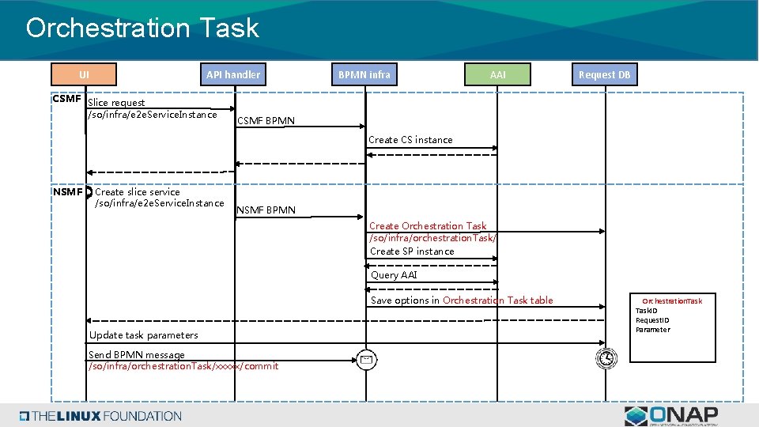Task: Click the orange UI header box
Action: (x=84, y=74)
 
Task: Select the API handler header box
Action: (x=233, y=74)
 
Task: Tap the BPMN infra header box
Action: (x=364, y=74)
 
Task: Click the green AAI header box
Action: (x=497, y=74)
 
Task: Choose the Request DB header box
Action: (x=605, y=74)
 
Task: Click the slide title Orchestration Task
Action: (x=142, y=28)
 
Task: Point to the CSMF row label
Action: (x=66, y=99)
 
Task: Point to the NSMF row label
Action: (x=67, y=191)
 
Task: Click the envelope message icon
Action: (x=365, y=359)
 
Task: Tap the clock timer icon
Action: (x=606, y=358)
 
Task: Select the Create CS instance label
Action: (x=411, y=140)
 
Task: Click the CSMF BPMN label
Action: (x=266, y=121)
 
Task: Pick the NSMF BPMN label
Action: (x=266, y=210)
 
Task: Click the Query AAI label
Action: (x=394, y=275)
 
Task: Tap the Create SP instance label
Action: (x=412, y=251)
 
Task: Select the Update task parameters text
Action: (x=144, y=335)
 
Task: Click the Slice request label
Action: (x=116, y=103)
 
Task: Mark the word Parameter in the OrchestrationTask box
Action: (x=652, y=330)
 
